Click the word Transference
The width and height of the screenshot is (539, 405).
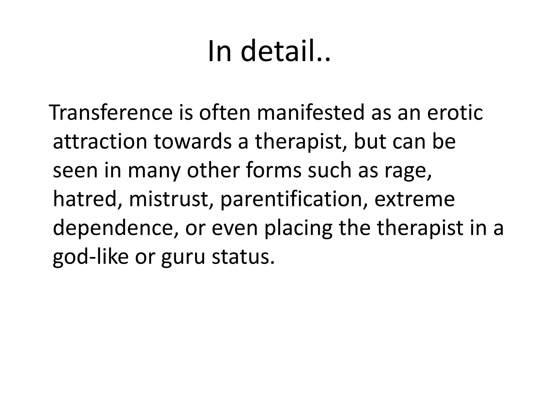[x=111, y=113]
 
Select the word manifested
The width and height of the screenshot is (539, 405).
[x=311, y=113]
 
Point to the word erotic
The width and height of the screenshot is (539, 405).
[x=455, y=113]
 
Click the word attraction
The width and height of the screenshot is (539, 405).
[x=100, y=142]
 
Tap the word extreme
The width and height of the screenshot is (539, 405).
[x=415, y=199]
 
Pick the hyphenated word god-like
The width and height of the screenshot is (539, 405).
[x=91, y=257]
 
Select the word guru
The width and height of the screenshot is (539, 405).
[x=183, y=258]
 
